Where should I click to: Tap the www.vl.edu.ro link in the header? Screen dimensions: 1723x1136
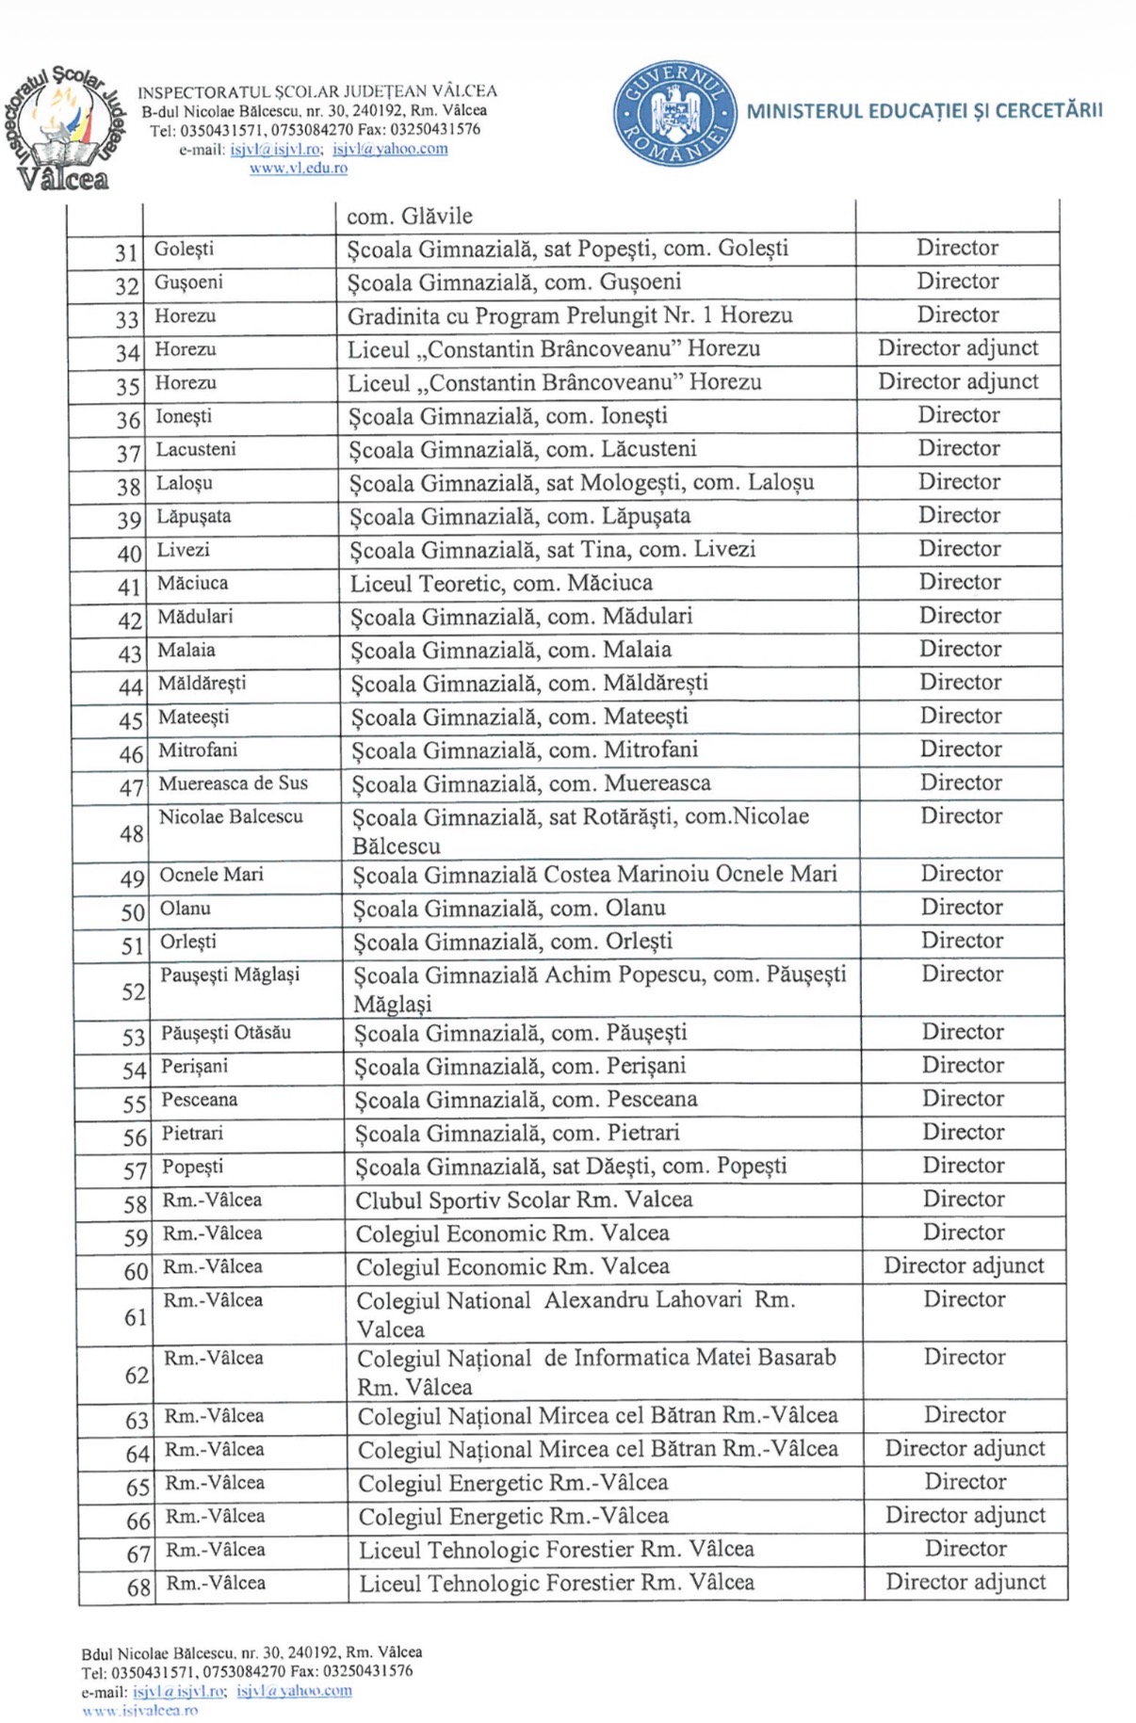point(298,169)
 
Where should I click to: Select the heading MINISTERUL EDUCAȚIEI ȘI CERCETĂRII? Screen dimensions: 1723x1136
point(924,111)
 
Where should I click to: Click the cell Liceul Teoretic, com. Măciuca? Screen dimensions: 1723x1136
point(501,584)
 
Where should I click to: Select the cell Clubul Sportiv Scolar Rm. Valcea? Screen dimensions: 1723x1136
point(524,1200)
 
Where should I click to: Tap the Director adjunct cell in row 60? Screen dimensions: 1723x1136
point(964,1266)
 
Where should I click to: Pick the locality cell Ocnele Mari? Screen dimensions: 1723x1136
point(212,875)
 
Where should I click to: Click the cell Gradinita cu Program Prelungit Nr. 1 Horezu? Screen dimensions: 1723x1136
point(570,315)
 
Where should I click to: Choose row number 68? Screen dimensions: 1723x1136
point(138,1588)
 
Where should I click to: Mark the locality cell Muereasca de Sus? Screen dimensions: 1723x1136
point(234,783)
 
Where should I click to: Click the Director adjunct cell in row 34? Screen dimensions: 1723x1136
point(958,348)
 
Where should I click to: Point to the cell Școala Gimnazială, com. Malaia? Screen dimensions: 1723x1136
point(511,651)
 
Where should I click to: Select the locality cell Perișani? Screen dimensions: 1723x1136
point(194,1067)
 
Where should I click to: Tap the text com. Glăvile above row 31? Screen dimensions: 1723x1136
point(410,217)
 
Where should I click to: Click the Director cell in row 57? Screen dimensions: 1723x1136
point(963,1166)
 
